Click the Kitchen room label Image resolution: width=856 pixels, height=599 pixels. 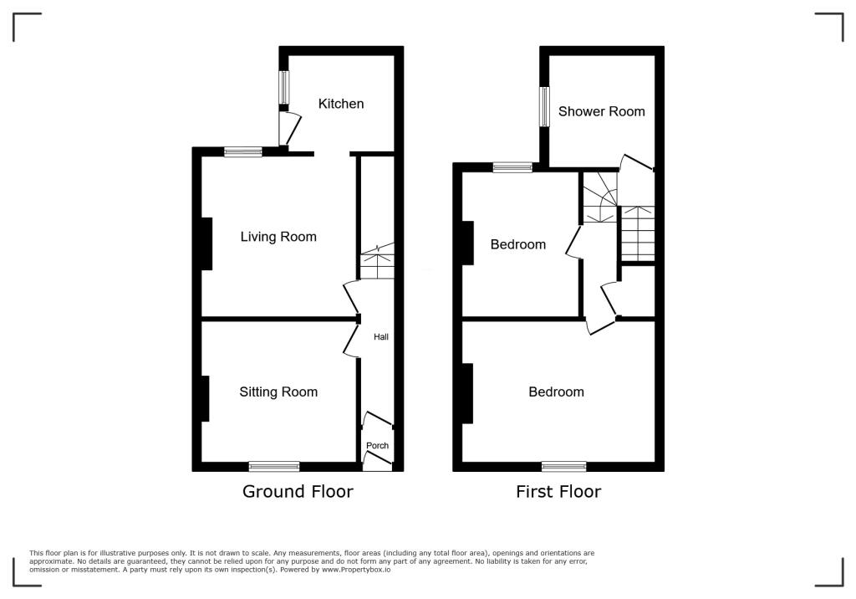coord(341,104)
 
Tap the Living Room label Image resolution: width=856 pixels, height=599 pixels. coord(278,237)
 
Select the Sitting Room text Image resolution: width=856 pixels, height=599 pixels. coord(278,392)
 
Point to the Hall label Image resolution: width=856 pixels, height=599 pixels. coord(380,337)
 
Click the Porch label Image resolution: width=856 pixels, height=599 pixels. coord(378,446)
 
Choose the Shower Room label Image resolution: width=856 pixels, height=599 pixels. coord(601,111)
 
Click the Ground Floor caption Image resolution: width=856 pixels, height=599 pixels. coord(298,491)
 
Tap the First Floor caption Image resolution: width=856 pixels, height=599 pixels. coord(558,491)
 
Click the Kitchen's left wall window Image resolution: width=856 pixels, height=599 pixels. coord(284,87)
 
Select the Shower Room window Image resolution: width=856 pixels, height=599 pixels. coord(544,107)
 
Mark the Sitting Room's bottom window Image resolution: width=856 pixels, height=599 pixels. coord(274,467)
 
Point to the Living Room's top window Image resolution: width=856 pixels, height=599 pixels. coord(242,152)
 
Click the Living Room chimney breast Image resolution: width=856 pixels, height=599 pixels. coord(206,243)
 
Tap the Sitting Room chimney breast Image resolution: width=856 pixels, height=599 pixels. coord(205,399)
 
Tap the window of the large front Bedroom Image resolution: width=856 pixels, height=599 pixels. coord(563,467)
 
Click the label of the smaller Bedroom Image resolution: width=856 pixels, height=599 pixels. coord(517,244)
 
